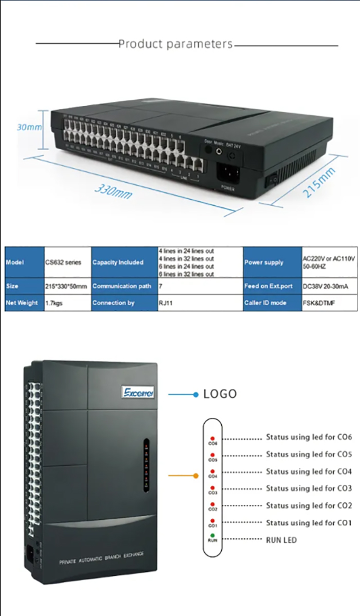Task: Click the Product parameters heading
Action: (x=175, y=44)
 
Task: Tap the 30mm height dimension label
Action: (x=29, y=127)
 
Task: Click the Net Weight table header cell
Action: (x=21, y=303)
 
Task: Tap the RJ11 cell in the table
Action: (x=165, y=303)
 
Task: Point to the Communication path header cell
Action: (x=122, y=286)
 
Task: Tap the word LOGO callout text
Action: (x=220, y=394)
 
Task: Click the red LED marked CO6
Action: (x=212, y=438)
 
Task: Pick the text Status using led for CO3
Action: (x=309, y=488)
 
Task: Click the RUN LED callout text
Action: (x=281, y=540)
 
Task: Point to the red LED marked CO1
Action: (x=212, y=521)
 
